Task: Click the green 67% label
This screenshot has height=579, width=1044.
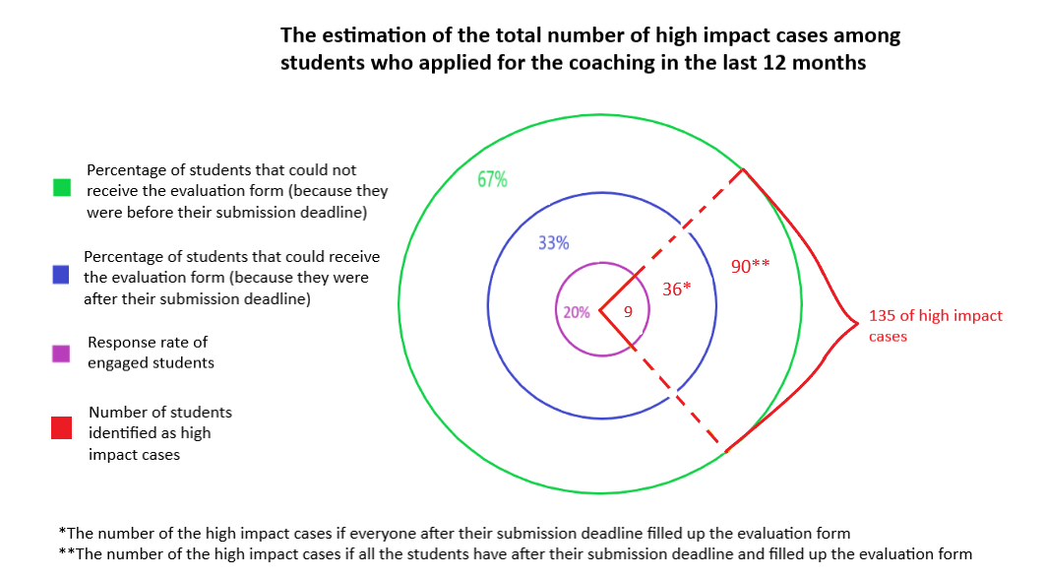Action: pyautogui.click(x=493, y=180)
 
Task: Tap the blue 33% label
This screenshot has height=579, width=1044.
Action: pyautogui.click(x=553, y=243)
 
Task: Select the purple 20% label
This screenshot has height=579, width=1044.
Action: pyautogui.click(x=577, y=312)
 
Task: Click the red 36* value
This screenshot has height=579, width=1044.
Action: pyautogui.click(x=676, y=289)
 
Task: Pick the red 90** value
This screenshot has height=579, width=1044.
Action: pyautogui.click(x=751, y=266)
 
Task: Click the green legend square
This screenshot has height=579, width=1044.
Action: pyautogui.click(x=62, y=187)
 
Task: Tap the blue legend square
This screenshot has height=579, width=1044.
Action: pyautogui.click(x=62, y=277)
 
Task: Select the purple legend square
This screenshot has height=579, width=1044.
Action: pyautogui.click(x=62, y=353)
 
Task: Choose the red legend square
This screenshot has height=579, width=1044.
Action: pyautogui.click(x=62, y=427)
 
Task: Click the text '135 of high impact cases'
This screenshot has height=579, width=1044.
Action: pyautogui.click(x=935, y=325)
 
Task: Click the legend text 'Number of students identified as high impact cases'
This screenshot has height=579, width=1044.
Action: pyautogui.click(x=160, y=433)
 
